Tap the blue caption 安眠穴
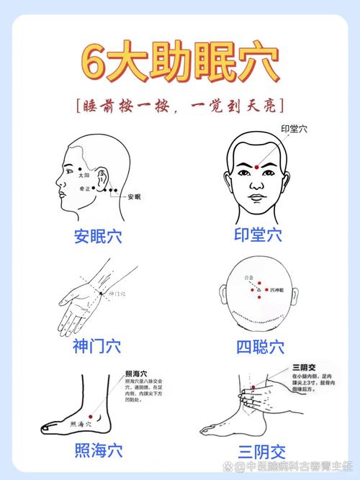(x=97, y=235)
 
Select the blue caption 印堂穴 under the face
(x=258, y=235)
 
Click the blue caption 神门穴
(x=96, y=346)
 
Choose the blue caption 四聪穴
(x=260, y=346)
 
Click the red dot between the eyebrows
(x=257, y=168)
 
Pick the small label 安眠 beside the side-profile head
(x=134, y=196)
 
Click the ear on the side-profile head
(x=103, y=178)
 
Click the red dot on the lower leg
(x=253, y=393)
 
